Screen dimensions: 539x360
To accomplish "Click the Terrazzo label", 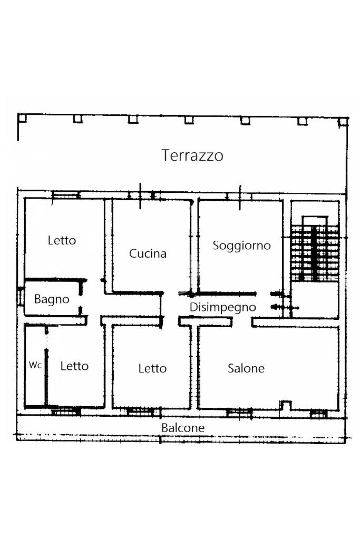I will pos(192,155).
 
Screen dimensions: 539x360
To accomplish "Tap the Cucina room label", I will pos(148,253).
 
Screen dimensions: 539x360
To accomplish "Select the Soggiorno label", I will pos(241,246).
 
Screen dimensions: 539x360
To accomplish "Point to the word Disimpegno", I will pos(223,307).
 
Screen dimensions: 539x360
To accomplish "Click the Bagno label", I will pos(52,299).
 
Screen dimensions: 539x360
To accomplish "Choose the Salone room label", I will pos(246,368).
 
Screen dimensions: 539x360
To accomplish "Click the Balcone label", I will pos(183,428).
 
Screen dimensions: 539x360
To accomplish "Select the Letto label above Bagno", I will pos(62,240).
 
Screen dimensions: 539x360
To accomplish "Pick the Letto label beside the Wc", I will pos(74,366).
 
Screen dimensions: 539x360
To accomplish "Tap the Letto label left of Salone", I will pos(152,368).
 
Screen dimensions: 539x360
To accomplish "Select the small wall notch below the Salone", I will pos(285,405).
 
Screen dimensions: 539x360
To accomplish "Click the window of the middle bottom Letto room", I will pos(141,411).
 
